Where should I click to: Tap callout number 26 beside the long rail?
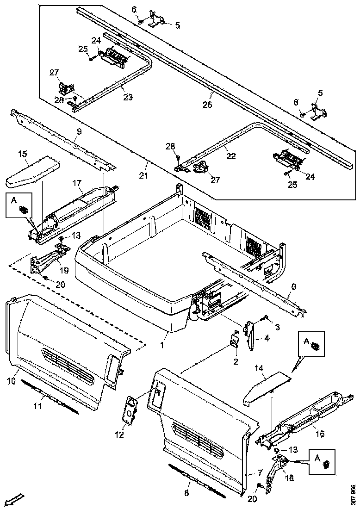point(207,106)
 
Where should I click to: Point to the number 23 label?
point(127,98)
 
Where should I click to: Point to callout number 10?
point(12,381)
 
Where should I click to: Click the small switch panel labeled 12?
point(130,408)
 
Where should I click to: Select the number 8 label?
point(186,493)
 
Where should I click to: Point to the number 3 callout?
point(278,328)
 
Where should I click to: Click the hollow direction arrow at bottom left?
point(16,499)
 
